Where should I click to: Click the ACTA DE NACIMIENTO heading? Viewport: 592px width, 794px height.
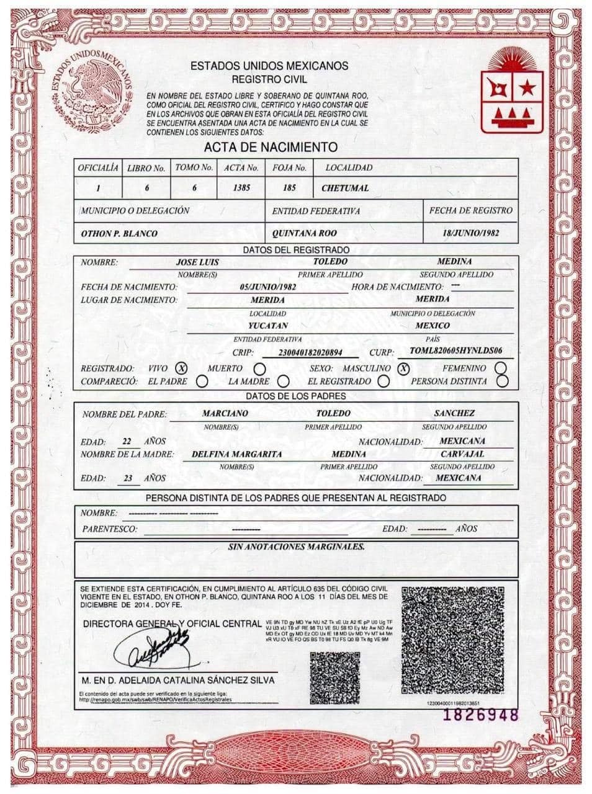click(x=271, y=147)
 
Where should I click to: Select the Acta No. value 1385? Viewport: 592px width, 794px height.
click(x=241, y=187)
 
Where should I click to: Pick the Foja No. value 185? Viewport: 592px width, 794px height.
click(x=289, y=187)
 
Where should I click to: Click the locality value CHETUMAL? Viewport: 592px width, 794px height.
click(x=345, y=187)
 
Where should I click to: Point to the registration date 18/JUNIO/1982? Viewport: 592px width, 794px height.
click(x=471, y=233)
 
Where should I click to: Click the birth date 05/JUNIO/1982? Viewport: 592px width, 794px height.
click(x=267, y=287)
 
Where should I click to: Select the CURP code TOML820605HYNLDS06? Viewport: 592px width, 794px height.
click(x=456, y=350)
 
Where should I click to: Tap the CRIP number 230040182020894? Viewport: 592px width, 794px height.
click(x=311, y=352)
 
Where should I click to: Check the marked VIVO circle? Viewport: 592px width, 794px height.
click(x=182, y=368)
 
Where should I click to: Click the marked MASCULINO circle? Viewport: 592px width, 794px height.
click(x=404, y=368)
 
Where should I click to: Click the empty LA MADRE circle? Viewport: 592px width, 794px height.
click(x=283, y=381)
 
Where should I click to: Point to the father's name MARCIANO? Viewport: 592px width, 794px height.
click(x=225, y=413)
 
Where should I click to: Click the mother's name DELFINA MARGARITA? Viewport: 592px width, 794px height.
click(x=237, y=454)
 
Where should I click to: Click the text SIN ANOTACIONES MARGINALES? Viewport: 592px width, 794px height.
click(x=296, y=547)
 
